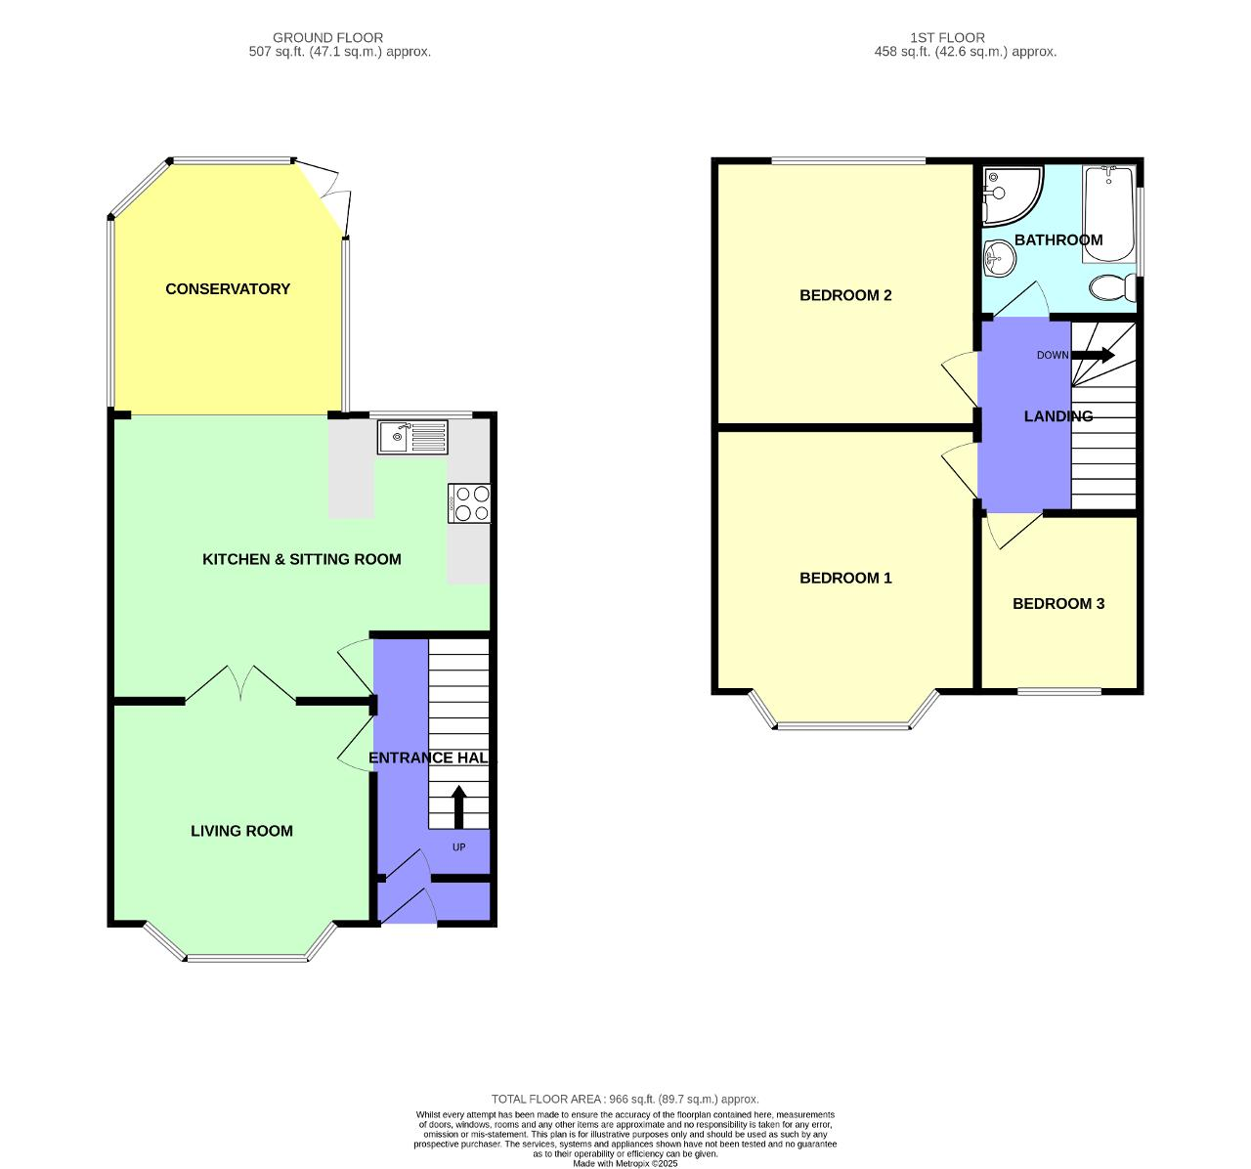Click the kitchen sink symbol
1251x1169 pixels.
[412, 437]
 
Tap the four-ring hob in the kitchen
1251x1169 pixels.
[469, 503]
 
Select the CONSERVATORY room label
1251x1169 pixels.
[228, 289]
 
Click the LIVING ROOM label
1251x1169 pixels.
[241, 831]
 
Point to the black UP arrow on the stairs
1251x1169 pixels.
[457, 806]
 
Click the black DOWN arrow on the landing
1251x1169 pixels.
[1094, 355]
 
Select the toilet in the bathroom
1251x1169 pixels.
[1112, 287]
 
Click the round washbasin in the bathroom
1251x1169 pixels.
[999, 259]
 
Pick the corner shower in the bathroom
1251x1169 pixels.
[1006, 192]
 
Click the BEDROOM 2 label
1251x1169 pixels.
[845, 295]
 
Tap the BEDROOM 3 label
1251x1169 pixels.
[1058, 604]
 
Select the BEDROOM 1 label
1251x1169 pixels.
[845, 578]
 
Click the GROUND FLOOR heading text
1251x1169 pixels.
[327, 37]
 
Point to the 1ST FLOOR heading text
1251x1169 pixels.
[947, 37]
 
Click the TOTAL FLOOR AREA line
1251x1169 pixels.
[625, 1099]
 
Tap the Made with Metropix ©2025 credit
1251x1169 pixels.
[625, 1163]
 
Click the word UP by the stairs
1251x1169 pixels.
[458, 847]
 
